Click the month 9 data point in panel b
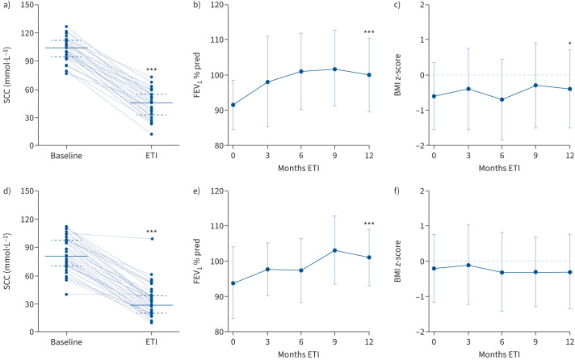pos(335,69)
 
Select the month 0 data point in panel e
pos(233,283)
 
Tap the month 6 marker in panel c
pos(502,99)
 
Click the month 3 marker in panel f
pos(468,265)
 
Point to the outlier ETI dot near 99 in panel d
pos(152,239)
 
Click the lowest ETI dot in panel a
pos(152,134)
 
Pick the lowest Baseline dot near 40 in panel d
pos(66,294)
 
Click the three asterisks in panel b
pos(369,32)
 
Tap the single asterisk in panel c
pos(569,44)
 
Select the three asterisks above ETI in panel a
pos(152,69)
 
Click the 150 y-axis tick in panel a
pos(27,5)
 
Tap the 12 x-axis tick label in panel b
pos(369,156)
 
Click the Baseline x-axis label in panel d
pos(66,342)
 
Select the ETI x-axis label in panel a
pos(152,156)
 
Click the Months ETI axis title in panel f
pos(499,355)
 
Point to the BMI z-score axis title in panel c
pos(398,75)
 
